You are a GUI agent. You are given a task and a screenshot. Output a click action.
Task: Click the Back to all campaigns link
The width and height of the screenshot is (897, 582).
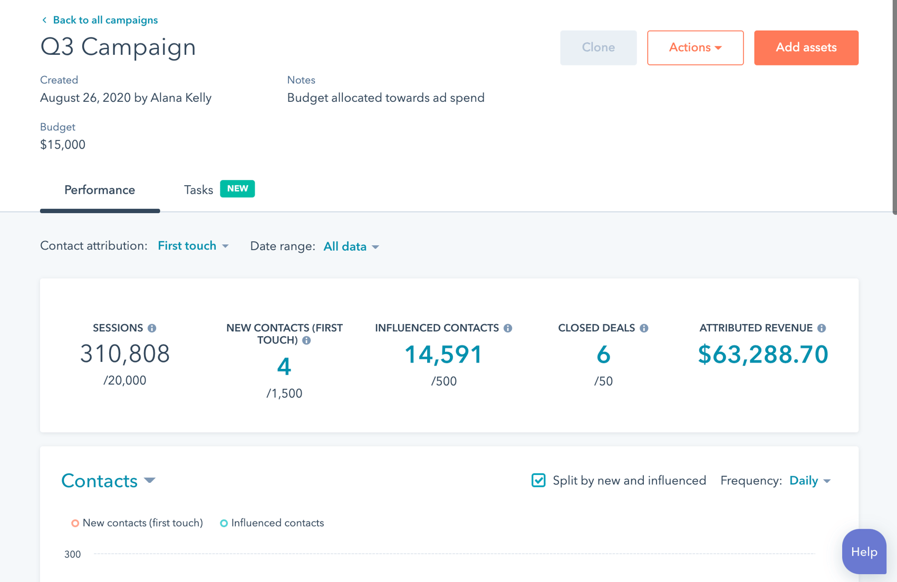[x=100, y=20]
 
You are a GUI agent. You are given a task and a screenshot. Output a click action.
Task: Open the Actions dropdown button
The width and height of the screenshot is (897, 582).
[x=695, y=47]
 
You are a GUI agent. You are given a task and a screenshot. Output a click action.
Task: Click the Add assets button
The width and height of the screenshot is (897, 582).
[x=806, y=47]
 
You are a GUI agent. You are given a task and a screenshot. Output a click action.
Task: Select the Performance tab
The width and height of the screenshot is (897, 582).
[x=100, y=190]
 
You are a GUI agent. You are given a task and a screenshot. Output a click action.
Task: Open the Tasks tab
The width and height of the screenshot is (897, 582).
[x=198, y=190]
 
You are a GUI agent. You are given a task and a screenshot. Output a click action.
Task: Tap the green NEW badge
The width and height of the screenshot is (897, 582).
[x=237, y=189]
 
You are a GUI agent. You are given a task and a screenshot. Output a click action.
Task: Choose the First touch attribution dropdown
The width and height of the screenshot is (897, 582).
[x=193, y=246]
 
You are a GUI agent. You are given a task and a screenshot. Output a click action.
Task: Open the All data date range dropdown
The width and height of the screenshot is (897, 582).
[x=351, y=246]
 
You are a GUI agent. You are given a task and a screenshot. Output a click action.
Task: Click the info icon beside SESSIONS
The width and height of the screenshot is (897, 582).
[x=152, y=328]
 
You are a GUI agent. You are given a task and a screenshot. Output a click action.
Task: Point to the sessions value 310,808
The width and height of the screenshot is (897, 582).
[x=125, y=354]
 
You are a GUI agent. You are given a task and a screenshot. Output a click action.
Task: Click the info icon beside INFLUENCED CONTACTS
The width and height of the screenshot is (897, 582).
[x=508, y=328]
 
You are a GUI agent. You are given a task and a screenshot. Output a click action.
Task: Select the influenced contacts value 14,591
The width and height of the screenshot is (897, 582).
[x=443, y=355]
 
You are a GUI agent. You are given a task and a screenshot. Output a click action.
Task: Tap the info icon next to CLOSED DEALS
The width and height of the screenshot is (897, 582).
[x=644, y=328]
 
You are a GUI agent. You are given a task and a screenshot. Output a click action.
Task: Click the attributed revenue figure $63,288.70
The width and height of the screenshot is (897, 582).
[x=763, y=355]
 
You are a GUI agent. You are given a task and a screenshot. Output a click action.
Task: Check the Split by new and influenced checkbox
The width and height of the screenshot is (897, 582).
[x=538, y=480]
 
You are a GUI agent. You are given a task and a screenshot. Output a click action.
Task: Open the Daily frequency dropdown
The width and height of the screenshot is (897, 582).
[x=809, y=481]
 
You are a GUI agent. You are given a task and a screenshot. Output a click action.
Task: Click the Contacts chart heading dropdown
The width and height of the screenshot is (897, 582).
[x=108, y=481]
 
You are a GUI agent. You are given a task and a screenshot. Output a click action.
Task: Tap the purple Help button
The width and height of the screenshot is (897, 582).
[x=864, y=552]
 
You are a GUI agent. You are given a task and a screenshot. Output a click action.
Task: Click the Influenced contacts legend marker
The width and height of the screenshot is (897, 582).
[x=224, y=523]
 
